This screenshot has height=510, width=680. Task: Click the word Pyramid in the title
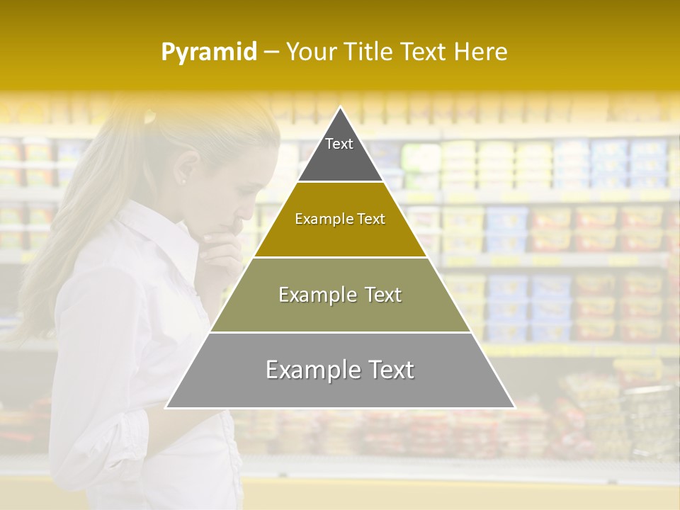pyautogui.click(x=209, y=52)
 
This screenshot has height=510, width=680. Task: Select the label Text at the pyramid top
pyautogui.click(x=339, y=144)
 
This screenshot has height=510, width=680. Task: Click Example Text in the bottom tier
pyautogui.click(x=340, y=370)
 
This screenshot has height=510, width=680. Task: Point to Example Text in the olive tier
pyautogui.click(x=340, y=295)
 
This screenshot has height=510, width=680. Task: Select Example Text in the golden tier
pyautogui.click(x=340, y=220)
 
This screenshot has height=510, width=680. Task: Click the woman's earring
pyautogui.click(x=183, y=182)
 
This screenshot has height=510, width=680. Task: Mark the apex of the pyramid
pyautogui.click(x=341, y=108)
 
